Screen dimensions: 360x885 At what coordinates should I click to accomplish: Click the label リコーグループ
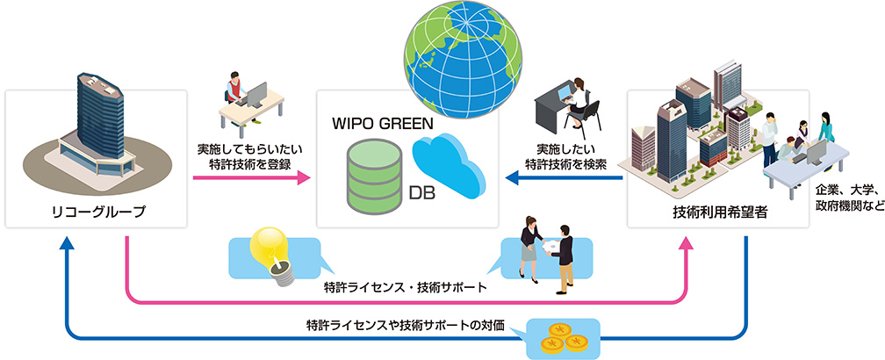(97, 211)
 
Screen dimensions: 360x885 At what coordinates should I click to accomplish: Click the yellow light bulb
(271, 254)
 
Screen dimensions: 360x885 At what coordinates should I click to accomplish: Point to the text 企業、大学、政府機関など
(847, 198)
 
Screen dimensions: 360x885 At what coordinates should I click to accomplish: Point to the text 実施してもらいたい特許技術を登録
(249, 155)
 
